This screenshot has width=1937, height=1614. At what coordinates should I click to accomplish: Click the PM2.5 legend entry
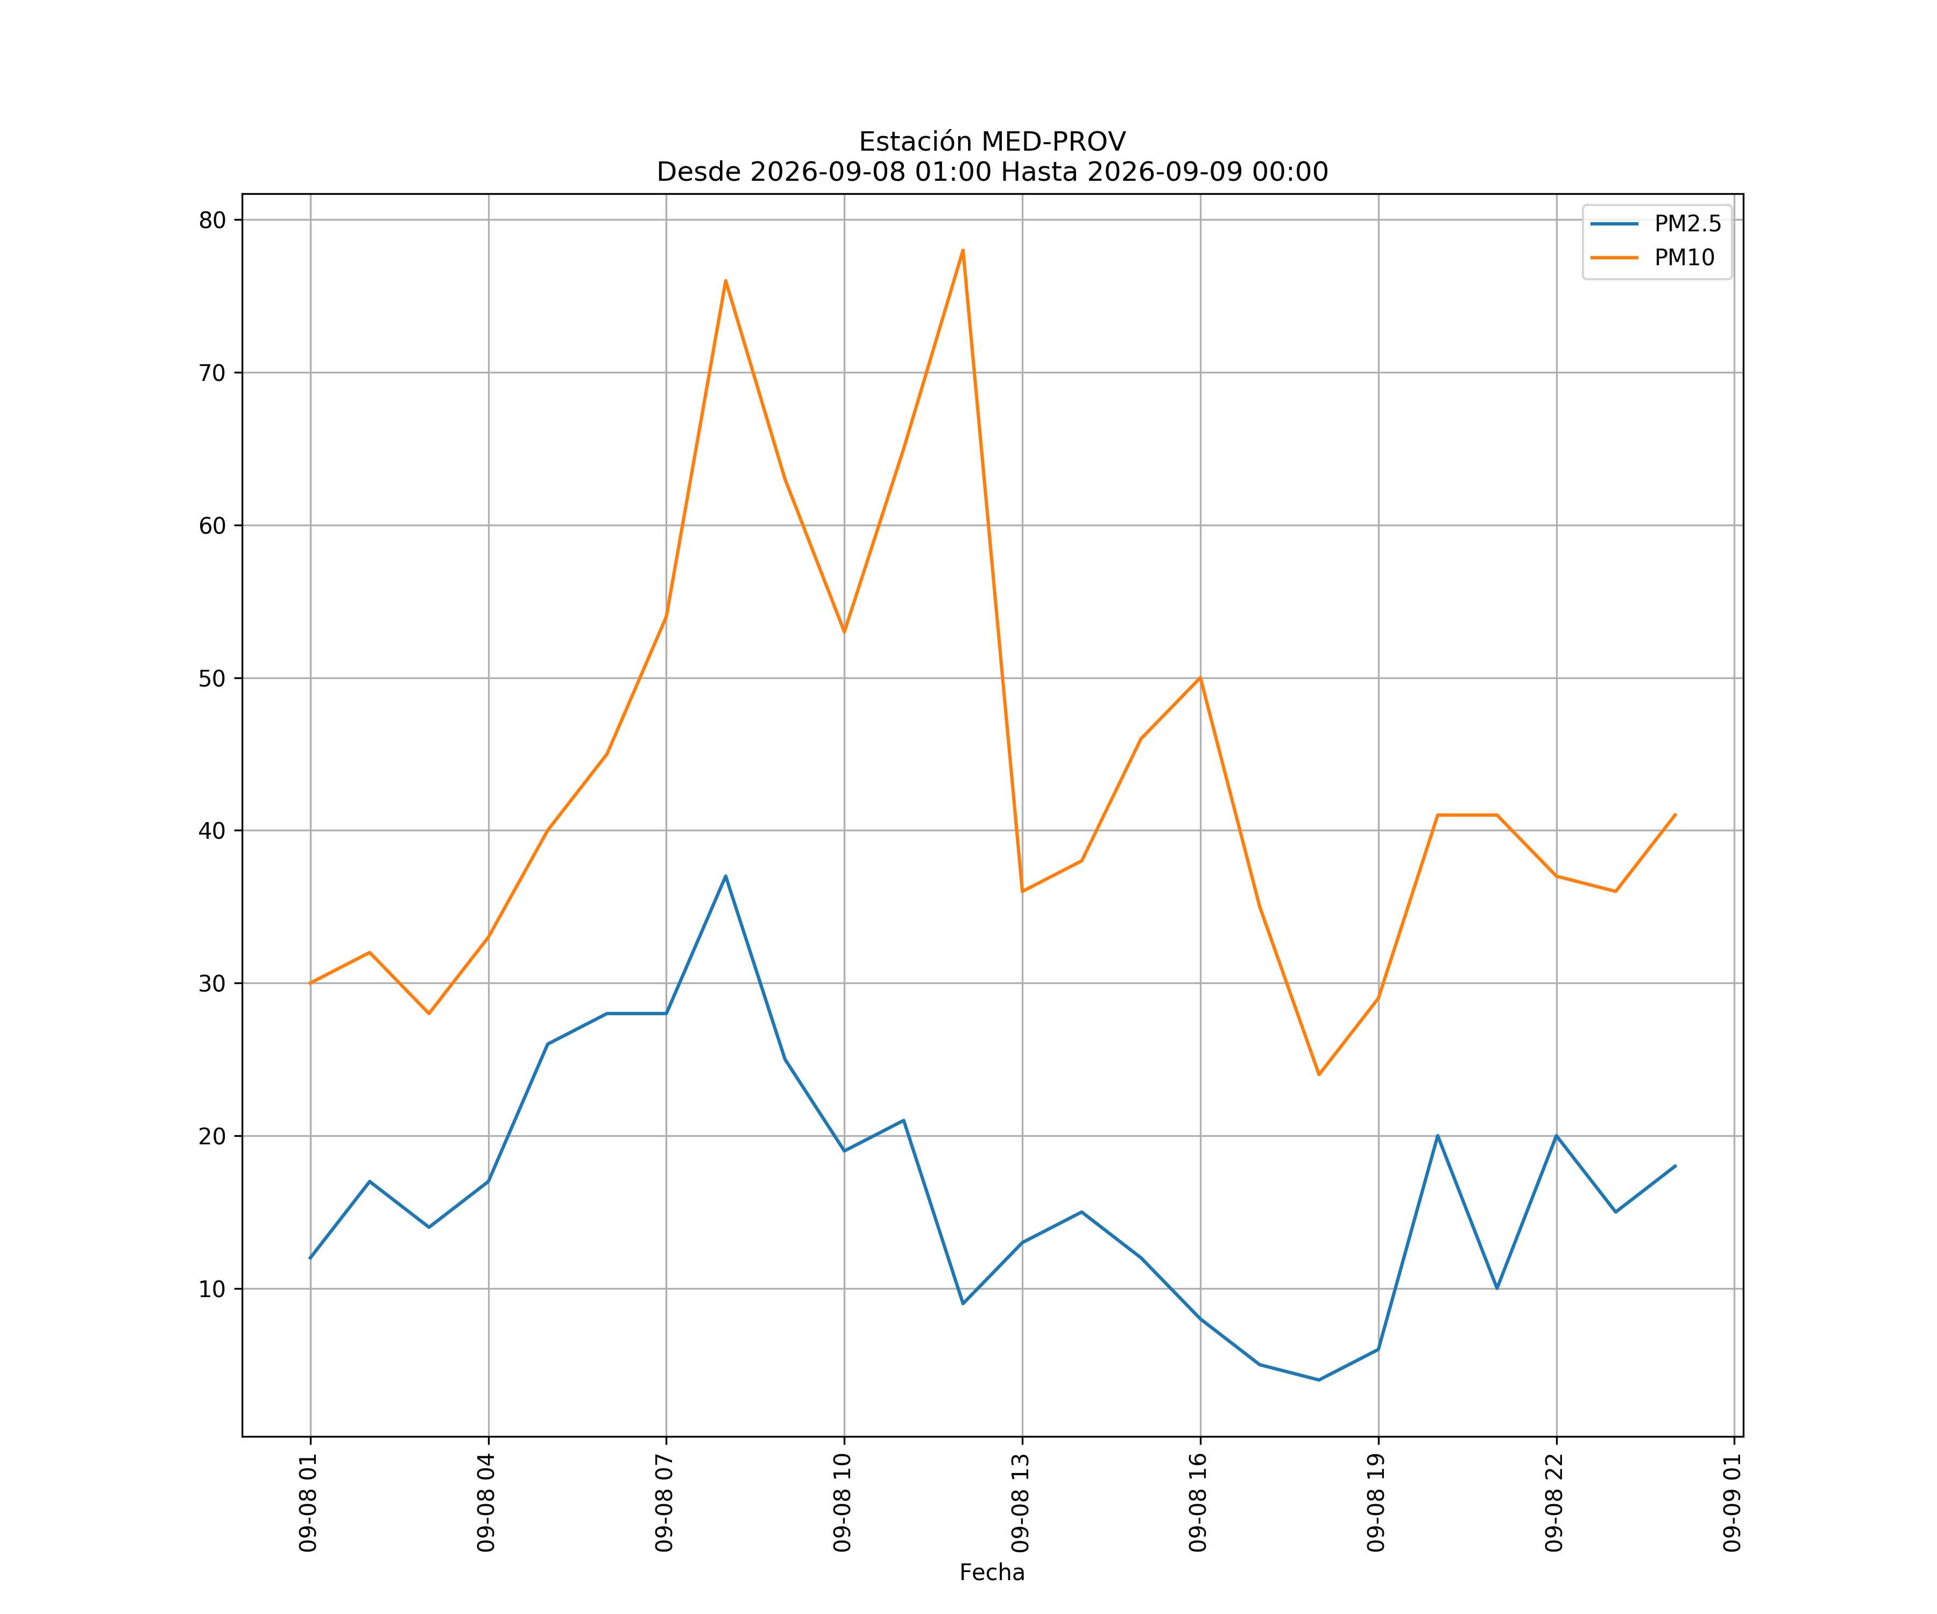1656,224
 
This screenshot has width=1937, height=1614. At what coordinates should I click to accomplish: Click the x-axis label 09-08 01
308,1503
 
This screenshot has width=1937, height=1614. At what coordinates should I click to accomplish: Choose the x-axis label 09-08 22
1554,1503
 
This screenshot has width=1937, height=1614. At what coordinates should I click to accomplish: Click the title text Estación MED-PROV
993,142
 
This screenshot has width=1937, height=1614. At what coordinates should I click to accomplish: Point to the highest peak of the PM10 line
963,250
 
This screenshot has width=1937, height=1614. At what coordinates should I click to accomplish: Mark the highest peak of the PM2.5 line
726,876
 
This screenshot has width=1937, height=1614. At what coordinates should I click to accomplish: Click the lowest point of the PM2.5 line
1319,1380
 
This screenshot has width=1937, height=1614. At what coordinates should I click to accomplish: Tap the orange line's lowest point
1319,1074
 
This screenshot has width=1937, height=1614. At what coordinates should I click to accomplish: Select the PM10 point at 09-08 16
1200,678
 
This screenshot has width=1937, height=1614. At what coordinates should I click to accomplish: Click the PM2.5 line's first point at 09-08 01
310,1258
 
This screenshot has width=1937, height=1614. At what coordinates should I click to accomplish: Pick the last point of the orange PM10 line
1675,815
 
